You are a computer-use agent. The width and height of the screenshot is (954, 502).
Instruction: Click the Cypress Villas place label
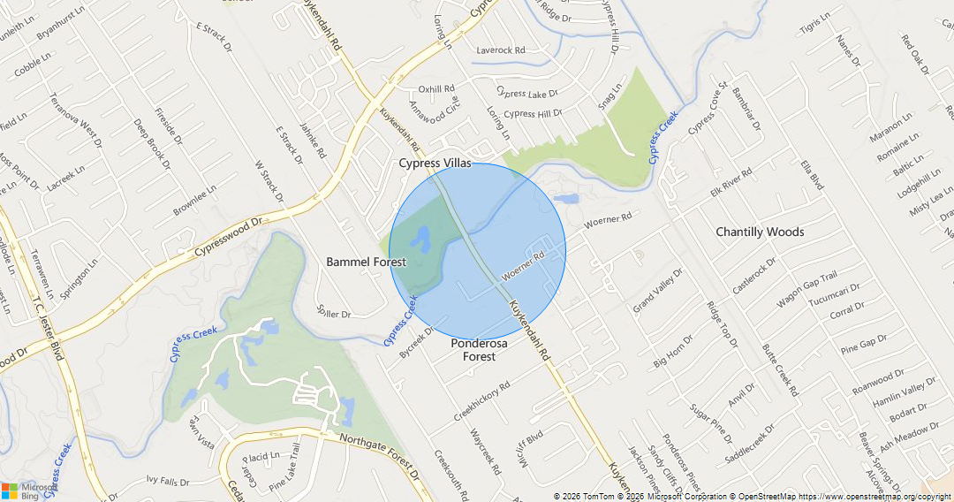pos(435,164)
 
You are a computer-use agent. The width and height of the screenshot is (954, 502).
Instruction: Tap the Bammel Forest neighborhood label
pos(366,262)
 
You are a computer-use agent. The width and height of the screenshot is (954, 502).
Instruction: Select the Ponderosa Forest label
pos(479,350)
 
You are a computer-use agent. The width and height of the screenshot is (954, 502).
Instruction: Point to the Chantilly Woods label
pos(760,232)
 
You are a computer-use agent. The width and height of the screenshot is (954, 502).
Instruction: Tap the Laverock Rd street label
pos(501,50)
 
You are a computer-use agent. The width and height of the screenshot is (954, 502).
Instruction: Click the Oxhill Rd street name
pos(436,89)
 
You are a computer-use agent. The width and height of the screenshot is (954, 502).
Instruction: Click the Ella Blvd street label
pos(811,175)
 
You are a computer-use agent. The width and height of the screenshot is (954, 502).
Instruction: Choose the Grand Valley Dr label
pos(658,291)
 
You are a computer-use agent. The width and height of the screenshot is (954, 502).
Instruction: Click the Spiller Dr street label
pos(334,313)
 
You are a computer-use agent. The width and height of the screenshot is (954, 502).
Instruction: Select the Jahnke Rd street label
pos(313,141)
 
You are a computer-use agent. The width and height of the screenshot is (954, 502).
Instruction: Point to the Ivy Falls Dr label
pos(168,482)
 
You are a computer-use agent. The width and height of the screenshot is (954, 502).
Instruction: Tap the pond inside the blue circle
pos(420,239)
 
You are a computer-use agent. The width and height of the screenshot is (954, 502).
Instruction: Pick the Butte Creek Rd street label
pos(780,369)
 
